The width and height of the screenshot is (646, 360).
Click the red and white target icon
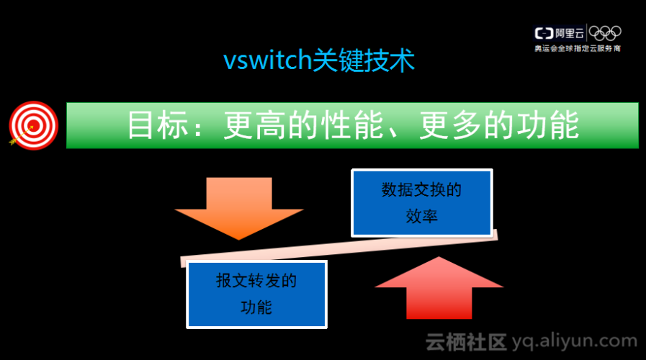33,125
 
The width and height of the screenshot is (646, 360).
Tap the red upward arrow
439,291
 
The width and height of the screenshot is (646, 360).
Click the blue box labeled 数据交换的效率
422,203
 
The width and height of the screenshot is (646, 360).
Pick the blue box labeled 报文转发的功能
256,293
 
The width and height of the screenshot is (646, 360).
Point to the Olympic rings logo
606,33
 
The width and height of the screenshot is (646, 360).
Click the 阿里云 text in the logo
570,33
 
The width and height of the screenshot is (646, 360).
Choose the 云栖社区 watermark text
466,341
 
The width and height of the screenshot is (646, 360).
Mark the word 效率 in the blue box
422,216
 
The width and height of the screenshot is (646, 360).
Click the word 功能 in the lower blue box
256,307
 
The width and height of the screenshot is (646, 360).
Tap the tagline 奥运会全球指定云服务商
577,48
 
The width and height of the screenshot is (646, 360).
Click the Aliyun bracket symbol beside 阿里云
543,33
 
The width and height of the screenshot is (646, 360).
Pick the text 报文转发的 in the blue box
256,281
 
